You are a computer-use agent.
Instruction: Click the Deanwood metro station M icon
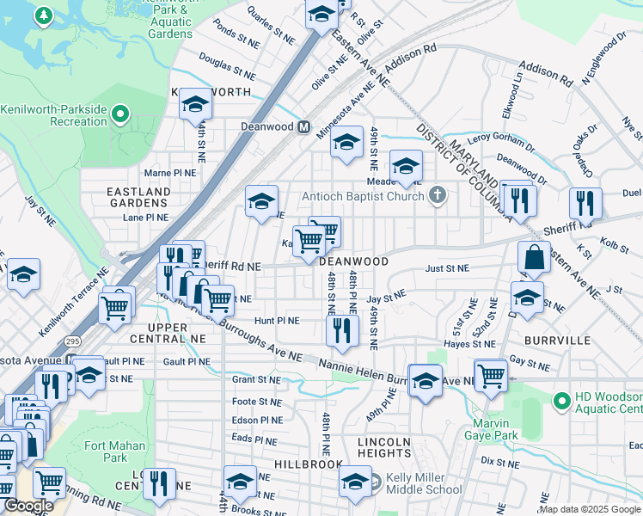pyautogui.click(x=303, y=126)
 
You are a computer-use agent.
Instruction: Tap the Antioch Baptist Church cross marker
pyautogui.click(x=438, y=195)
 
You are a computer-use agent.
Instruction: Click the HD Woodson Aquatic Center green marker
pyautogui.click(x=561, y=401)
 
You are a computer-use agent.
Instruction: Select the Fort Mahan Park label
pyautogui.click(x=107, y=451)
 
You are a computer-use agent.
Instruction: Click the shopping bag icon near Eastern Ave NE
pyautogui.click(x=534, y=256)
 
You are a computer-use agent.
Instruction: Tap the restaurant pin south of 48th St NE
pyautogui.click(x=342, y=330)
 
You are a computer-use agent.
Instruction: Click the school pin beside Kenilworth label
pyautogui.click(x=195, y=106)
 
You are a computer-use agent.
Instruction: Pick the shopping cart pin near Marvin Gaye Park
pyautogui.click(x=490, y=375)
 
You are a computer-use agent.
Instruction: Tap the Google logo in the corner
pyautogui.click(x=28, y=506)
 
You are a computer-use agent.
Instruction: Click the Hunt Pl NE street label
pyautogui.click(x=276, y=321)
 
